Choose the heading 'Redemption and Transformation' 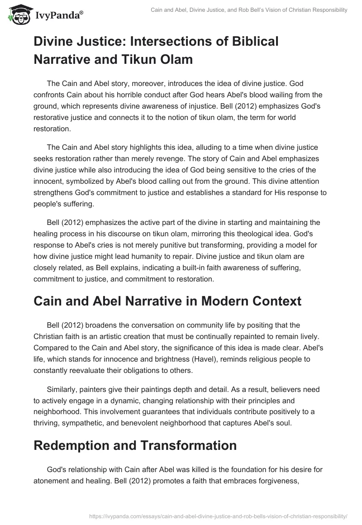point(135,445)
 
